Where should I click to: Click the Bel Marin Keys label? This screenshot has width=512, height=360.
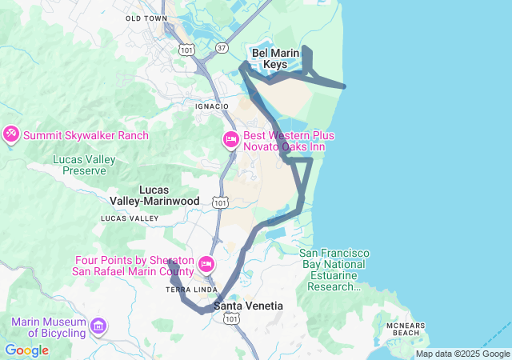click(x=275, y=58)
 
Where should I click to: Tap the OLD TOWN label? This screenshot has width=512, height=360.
click(x=146, y=18)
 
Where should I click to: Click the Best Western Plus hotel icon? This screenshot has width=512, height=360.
click(x=230, y=141)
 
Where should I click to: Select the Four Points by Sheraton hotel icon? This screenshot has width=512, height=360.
click(x=206, y=265)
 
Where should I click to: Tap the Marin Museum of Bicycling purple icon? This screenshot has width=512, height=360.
click(x=98, y=326)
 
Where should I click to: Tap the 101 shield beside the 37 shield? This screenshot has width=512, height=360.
click(x=186, y=50)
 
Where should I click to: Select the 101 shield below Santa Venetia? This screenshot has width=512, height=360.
click(x=231, y=319)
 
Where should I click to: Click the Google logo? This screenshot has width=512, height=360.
click(x=26, y=350)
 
